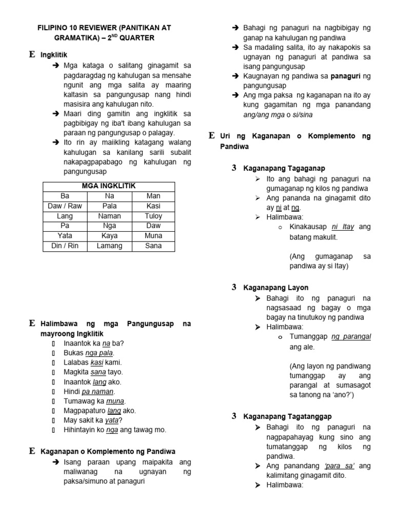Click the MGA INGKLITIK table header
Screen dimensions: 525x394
(x=109, y=186)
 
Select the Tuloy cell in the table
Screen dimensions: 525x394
(x=153, y=216)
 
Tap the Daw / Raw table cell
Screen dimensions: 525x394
(x=65, y=206)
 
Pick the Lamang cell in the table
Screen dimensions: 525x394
(x=109, y=246)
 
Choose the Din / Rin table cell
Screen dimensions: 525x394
(x=65, y=246)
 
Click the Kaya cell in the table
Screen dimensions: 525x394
(x=109, y=236)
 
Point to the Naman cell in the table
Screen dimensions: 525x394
(x=109, y=216)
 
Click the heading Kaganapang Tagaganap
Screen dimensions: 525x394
(x=284, y=168)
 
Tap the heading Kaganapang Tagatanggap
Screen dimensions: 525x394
(x=287, y=416)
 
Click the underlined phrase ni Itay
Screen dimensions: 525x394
(x=343, y=227)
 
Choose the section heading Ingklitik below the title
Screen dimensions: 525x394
(x=54, y=54)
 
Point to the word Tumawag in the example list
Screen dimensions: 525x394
(x=80, y=401)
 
